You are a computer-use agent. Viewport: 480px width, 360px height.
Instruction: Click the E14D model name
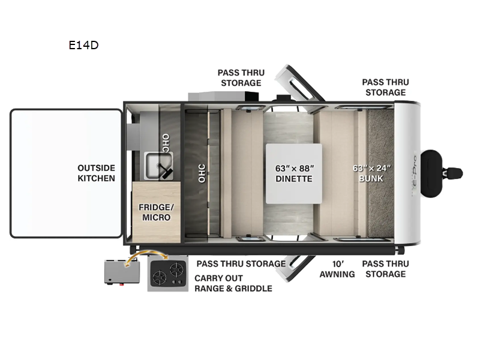tap(83, 44)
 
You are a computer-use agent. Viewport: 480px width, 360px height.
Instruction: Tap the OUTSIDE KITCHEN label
tap(96, 173)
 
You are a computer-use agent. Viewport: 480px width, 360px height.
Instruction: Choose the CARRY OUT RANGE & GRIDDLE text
tap(233, 283)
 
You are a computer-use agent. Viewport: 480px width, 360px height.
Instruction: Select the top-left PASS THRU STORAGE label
tap(241, 77)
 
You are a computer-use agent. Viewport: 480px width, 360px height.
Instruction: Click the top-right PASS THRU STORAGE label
tap(385, 87)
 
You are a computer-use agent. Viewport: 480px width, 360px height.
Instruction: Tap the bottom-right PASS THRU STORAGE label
tap(385, 269)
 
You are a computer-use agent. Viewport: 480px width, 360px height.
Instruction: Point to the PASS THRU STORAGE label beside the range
tap(241, 263)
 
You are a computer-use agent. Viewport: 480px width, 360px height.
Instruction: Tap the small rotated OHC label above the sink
tap(166, 142)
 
